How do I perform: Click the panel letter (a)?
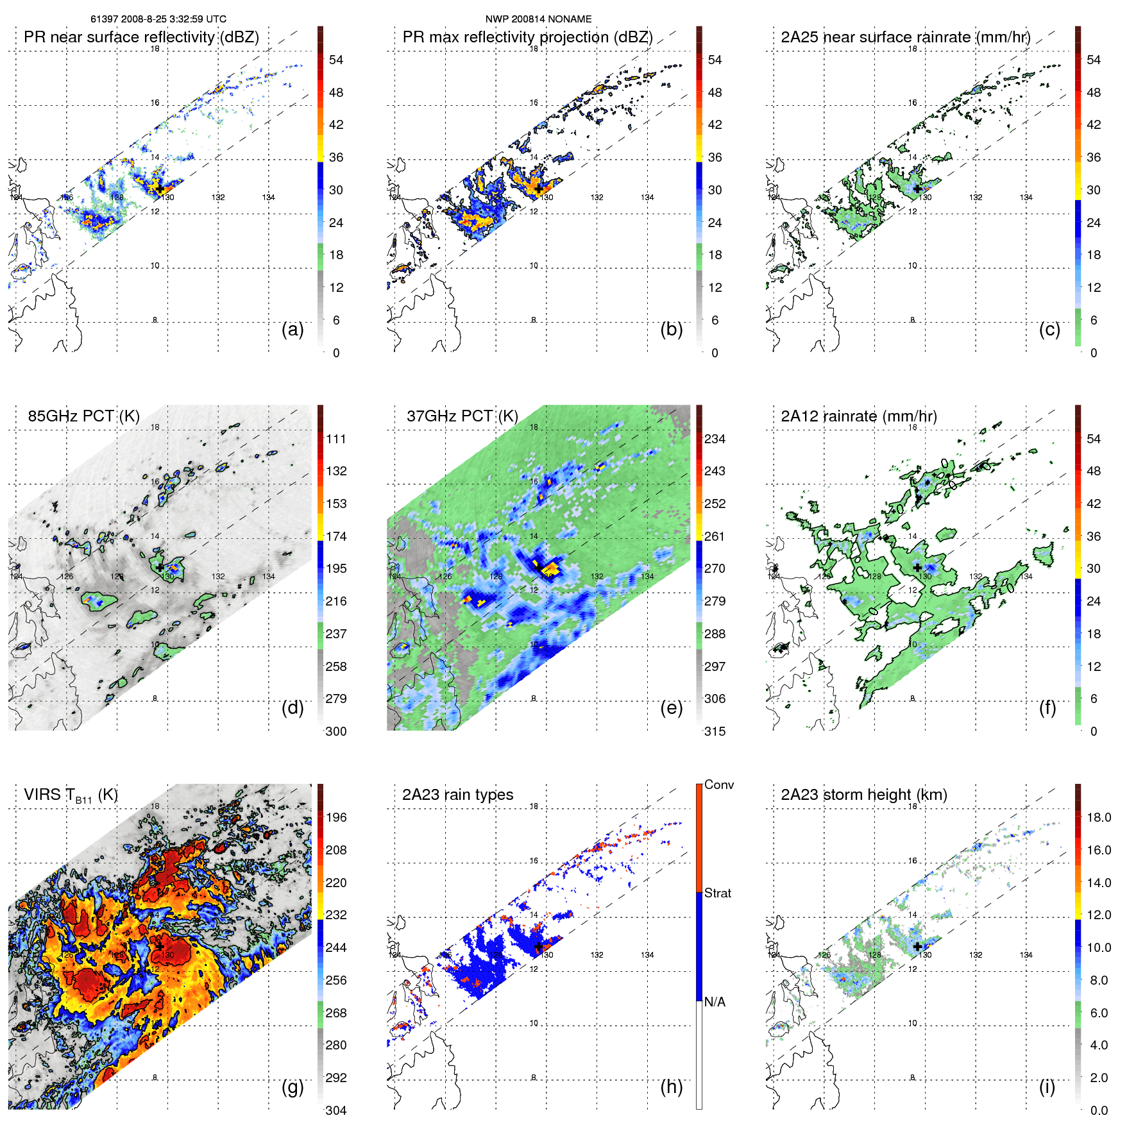point(292,330)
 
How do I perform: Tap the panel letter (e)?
point(671,708)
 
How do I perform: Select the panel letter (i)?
point(1047,1087)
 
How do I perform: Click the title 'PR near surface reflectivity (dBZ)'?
point(141,37)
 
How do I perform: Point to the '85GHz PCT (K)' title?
point(83,416)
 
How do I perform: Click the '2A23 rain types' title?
point(457,795)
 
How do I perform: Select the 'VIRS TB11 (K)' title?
point(71,795)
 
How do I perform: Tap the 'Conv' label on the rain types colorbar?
point(718,784)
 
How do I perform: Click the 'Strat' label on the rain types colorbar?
point(717,893)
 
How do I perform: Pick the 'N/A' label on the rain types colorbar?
point(715,1002)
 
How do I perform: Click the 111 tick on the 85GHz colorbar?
point(336,439)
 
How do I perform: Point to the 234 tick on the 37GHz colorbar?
point(715,439)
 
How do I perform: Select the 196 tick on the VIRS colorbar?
point(336,818)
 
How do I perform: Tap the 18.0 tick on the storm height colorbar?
point(1098,818)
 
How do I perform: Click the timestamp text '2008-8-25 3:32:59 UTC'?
point(173,19)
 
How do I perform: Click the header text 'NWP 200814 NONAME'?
point(538,19)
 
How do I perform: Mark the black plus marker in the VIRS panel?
point(159,946)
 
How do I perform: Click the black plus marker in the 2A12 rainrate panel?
point(917,568)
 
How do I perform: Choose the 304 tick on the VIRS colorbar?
point(336,1110)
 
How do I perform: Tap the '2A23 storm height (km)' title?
point(863,795)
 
